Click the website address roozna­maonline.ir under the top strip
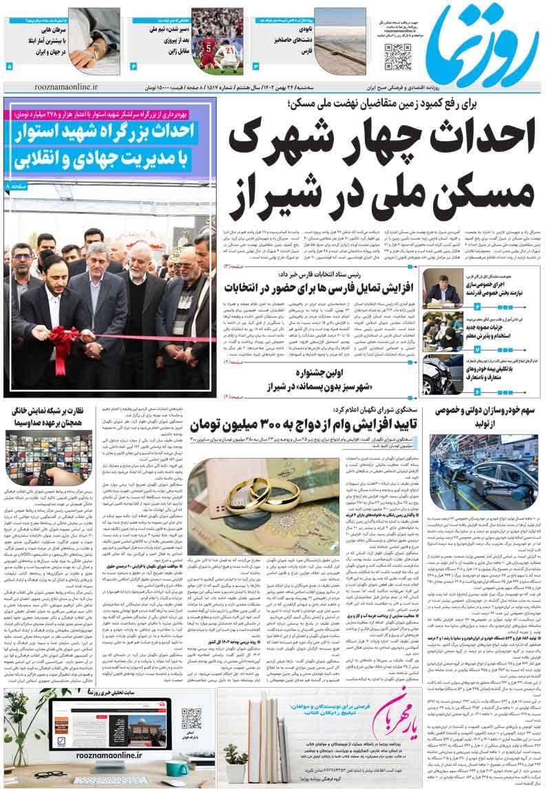pos(66,89)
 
